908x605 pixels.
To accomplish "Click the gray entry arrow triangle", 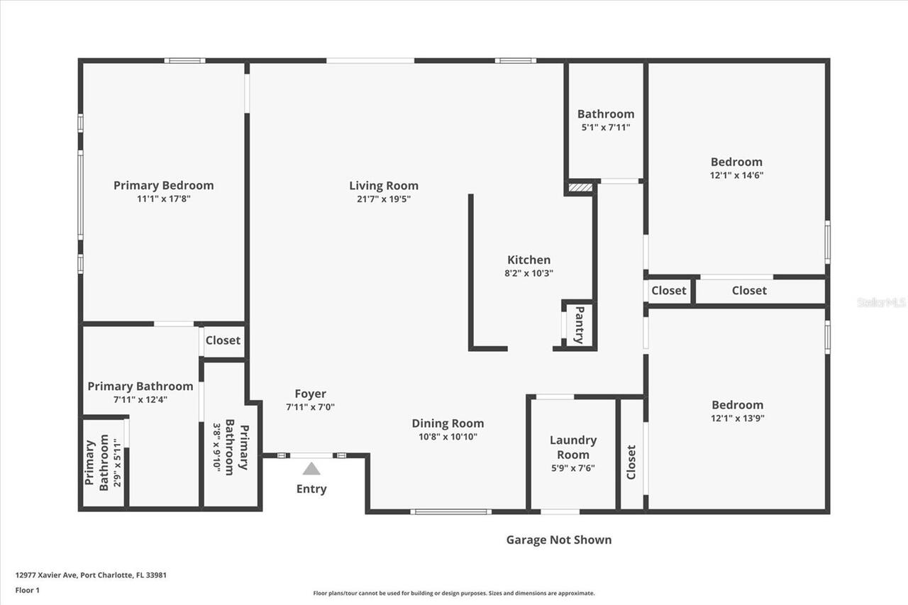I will coord(311,469).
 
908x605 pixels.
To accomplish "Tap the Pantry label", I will coord(580,325).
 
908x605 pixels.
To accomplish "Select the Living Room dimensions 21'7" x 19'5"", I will coord(384,199).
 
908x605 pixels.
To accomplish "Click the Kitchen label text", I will coord(528,260).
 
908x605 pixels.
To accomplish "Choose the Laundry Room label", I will coord(573,447).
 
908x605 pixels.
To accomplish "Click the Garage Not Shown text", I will coord(558,540).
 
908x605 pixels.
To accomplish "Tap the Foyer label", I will coord(311,394).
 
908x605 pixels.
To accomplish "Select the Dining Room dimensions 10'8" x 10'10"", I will coord(448,437).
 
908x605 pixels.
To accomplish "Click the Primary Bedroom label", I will coord(163,185).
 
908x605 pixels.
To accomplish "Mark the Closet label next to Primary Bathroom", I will coord(223,340).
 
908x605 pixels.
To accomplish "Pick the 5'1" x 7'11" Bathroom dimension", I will coord(605,128).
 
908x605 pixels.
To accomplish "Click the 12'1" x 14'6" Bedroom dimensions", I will coord(737,175).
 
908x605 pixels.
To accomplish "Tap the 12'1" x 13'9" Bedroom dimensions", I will coord(738,418).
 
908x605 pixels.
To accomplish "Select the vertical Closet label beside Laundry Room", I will coord(631,462).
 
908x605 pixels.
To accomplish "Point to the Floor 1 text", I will coord(27,590).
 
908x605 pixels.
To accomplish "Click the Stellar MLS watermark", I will coord(881,302).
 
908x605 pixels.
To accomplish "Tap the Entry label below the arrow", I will coord(311,489).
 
